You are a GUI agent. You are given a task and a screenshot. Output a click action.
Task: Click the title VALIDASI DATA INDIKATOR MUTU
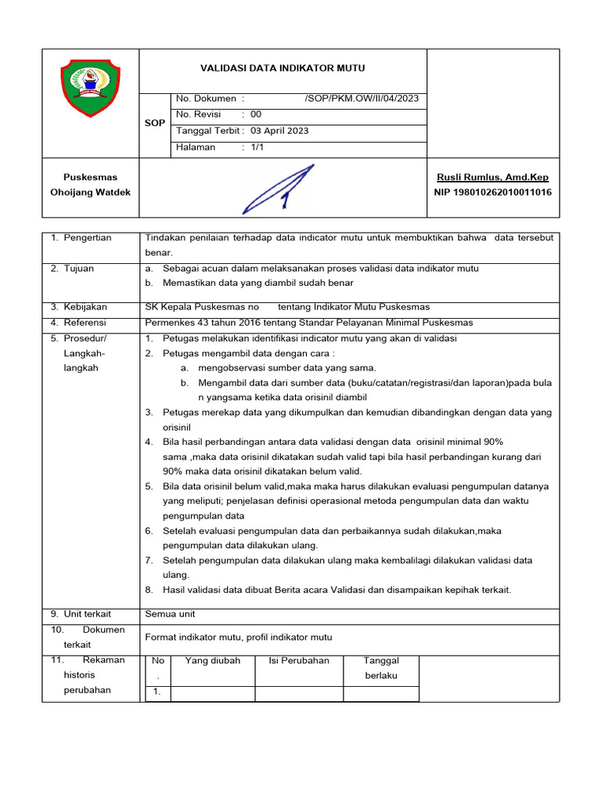(x=283, y=69)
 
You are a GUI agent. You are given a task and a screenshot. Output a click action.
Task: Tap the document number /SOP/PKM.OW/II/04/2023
(x=361, y=99)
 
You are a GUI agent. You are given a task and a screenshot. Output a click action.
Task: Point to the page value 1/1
(x=257, y=147)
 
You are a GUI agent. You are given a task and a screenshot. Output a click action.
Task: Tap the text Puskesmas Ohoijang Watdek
(x=91, y=185)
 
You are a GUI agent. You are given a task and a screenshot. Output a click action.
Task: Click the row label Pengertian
(x=88, y=238)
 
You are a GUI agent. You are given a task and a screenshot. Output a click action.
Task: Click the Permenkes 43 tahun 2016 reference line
(x=309, y=323)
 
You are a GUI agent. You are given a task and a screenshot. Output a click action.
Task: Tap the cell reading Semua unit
(x=170, y=614)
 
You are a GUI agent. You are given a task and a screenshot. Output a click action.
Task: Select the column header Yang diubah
(x=213, y=661)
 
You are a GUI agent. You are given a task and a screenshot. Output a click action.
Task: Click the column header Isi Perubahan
(x=299, y=661)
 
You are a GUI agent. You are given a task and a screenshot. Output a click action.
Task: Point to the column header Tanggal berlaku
(x=381, y=668)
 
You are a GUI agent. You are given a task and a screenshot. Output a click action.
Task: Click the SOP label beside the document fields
(x=155, y=124)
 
